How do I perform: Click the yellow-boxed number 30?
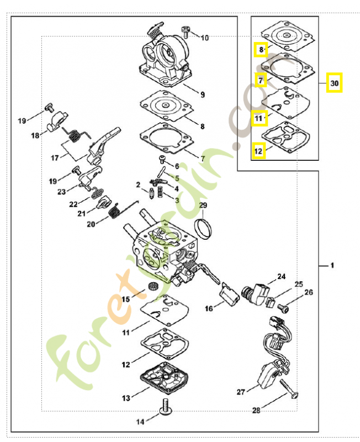(x=333, y=83)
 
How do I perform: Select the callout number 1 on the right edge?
(x=332, y=266)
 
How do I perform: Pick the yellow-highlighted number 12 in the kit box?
(x=259, y=150)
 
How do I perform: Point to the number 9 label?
(x=203, y=94)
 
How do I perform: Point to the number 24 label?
(x=282, y=276)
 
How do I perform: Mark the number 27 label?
(x=241, y=392)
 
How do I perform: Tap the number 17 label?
(x=55, y=157)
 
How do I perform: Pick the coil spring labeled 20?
(x=115, y=212)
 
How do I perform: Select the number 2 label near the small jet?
(x=138, y=184)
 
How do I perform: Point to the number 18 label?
(x=35, y=135)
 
